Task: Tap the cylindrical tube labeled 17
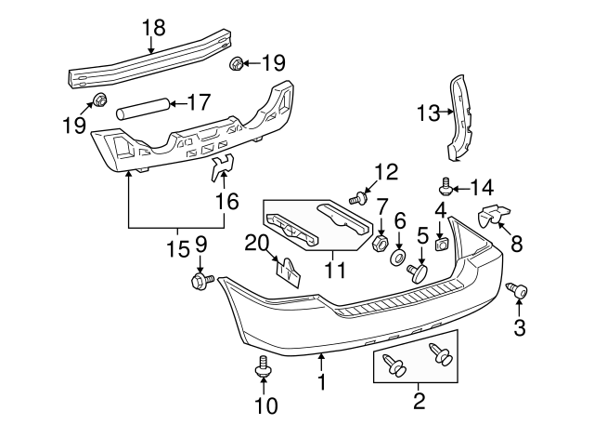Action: point(144,108)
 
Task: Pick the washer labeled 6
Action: point(398,254)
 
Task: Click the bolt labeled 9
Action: point(200,280)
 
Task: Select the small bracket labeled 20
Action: point(288,272)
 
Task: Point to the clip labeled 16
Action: point(223,167)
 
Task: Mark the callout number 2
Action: point(418,402)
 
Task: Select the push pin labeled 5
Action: point(418,272)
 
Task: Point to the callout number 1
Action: point(321,381)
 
